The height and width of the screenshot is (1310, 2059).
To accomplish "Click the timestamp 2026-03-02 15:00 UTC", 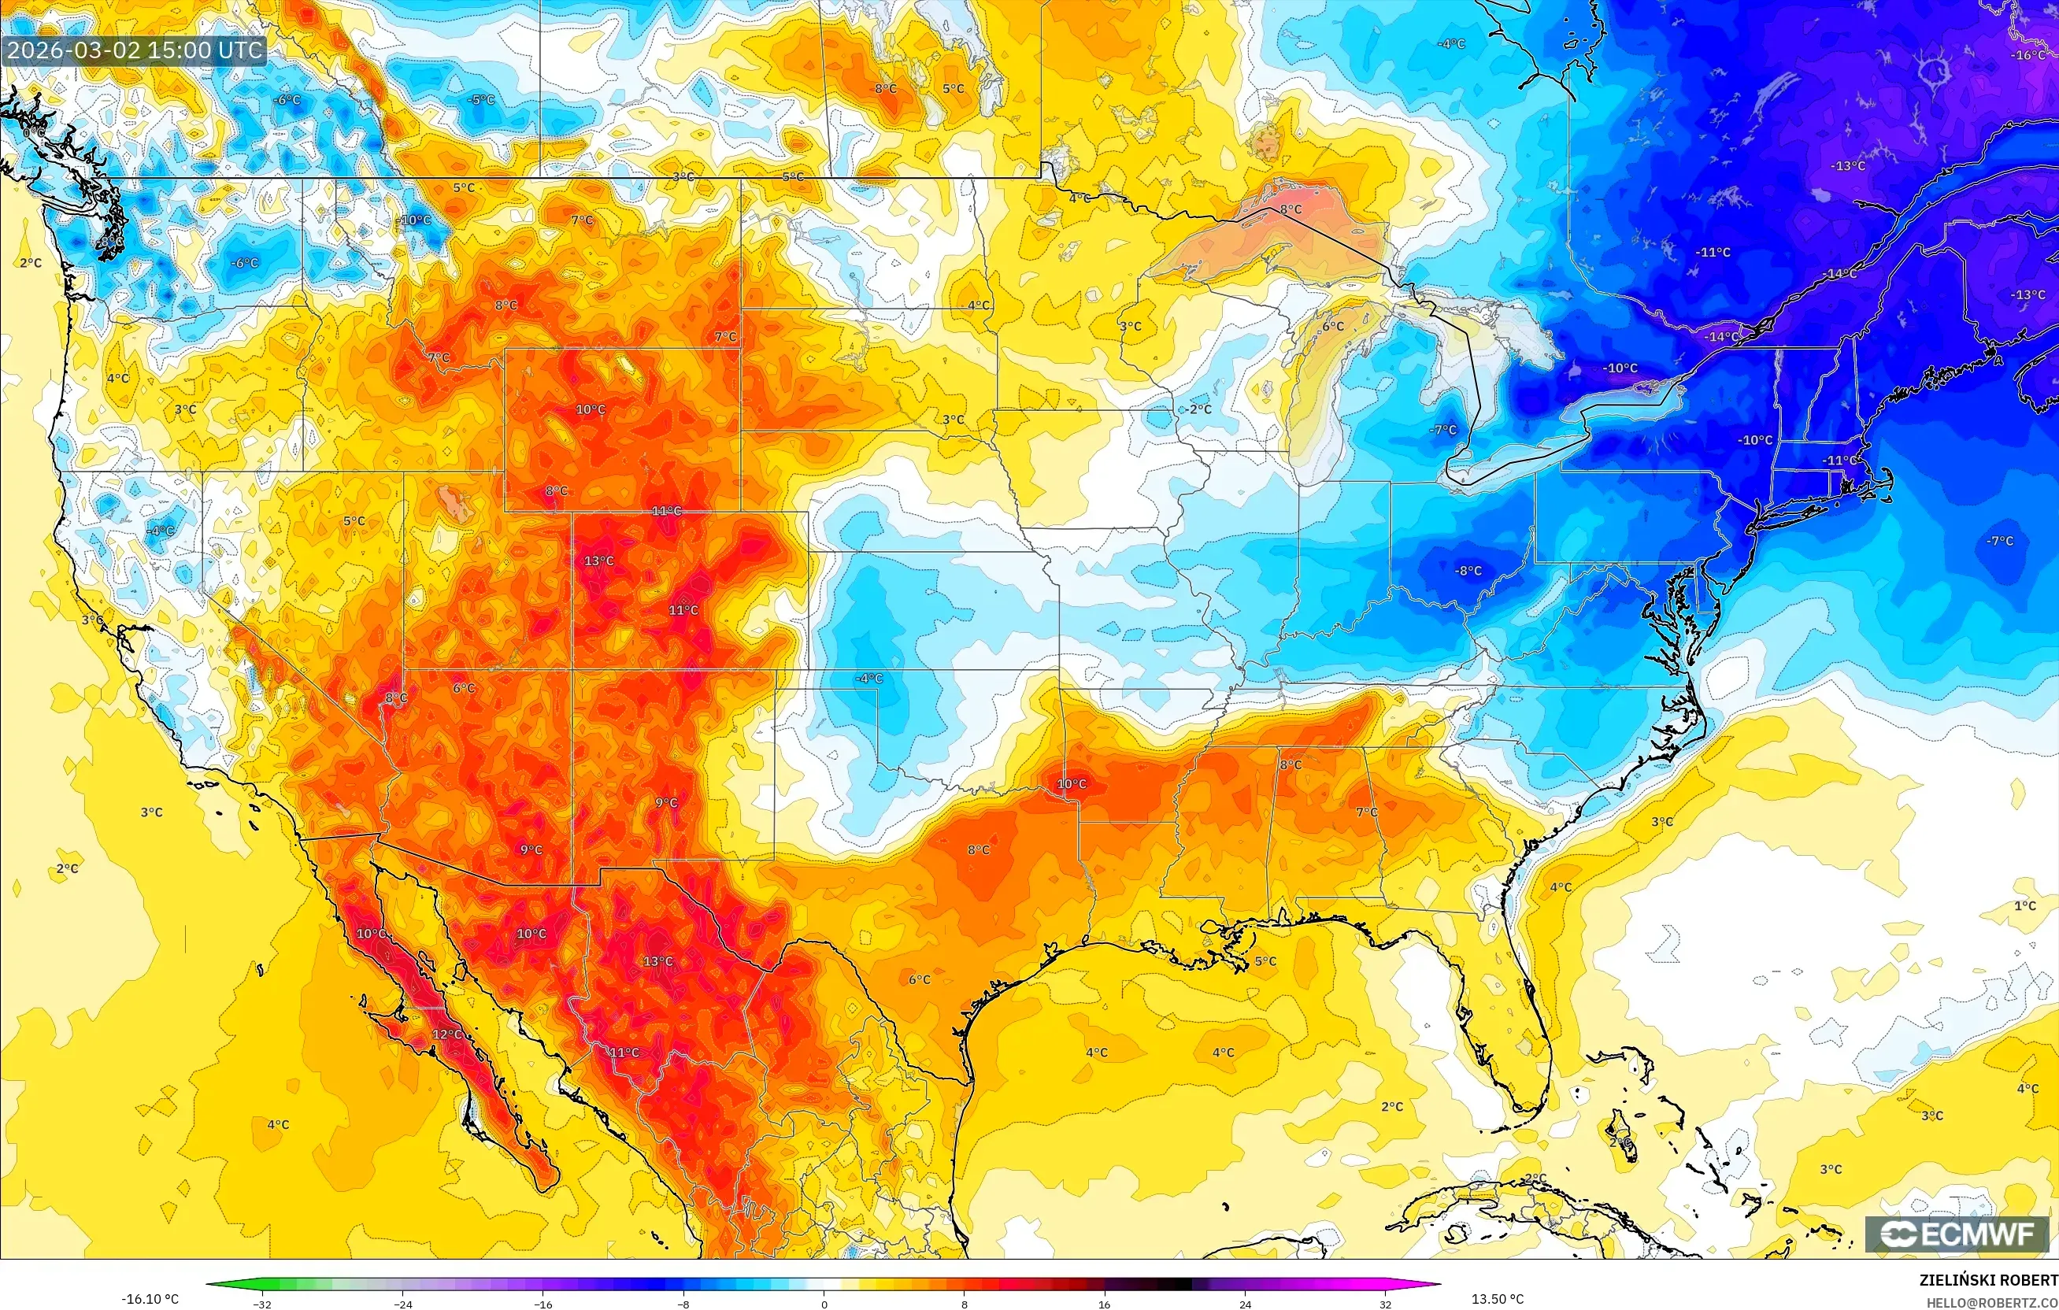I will point(134,50).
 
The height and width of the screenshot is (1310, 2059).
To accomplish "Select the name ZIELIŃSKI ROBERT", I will point(1988,1280).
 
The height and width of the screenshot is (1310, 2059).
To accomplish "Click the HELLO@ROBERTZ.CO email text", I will point(1991,1301).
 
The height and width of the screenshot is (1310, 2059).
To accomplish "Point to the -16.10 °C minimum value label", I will point(150,1299).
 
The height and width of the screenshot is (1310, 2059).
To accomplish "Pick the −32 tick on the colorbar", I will point(261,1304).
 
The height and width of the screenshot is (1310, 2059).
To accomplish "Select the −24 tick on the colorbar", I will point(402,1304).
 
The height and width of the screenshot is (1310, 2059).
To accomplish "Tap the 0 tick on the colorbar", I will point(824,1304).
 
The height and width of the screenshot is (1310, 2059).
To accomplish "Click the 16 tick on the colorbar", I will point(1104,1304).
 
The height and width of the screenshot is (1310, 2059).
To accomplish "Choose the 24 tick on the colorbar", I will point(1245,1304).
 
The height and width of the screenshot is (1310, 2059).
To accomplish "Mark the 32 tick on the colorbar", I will point(1385,1304).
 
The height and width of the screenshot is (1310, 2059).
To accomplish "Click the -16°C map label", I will point(2028,55).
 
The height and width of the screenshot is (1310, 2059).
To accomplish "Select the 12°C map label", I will point(446,1034).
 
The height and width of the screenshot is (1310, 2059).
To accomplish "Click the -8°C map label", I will point(1469,570).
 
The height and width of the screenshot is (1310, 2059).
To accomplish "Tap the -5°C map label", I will point(481,100).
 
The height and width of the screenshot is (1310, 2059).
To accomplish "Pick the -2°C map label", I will point(1200,409).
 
